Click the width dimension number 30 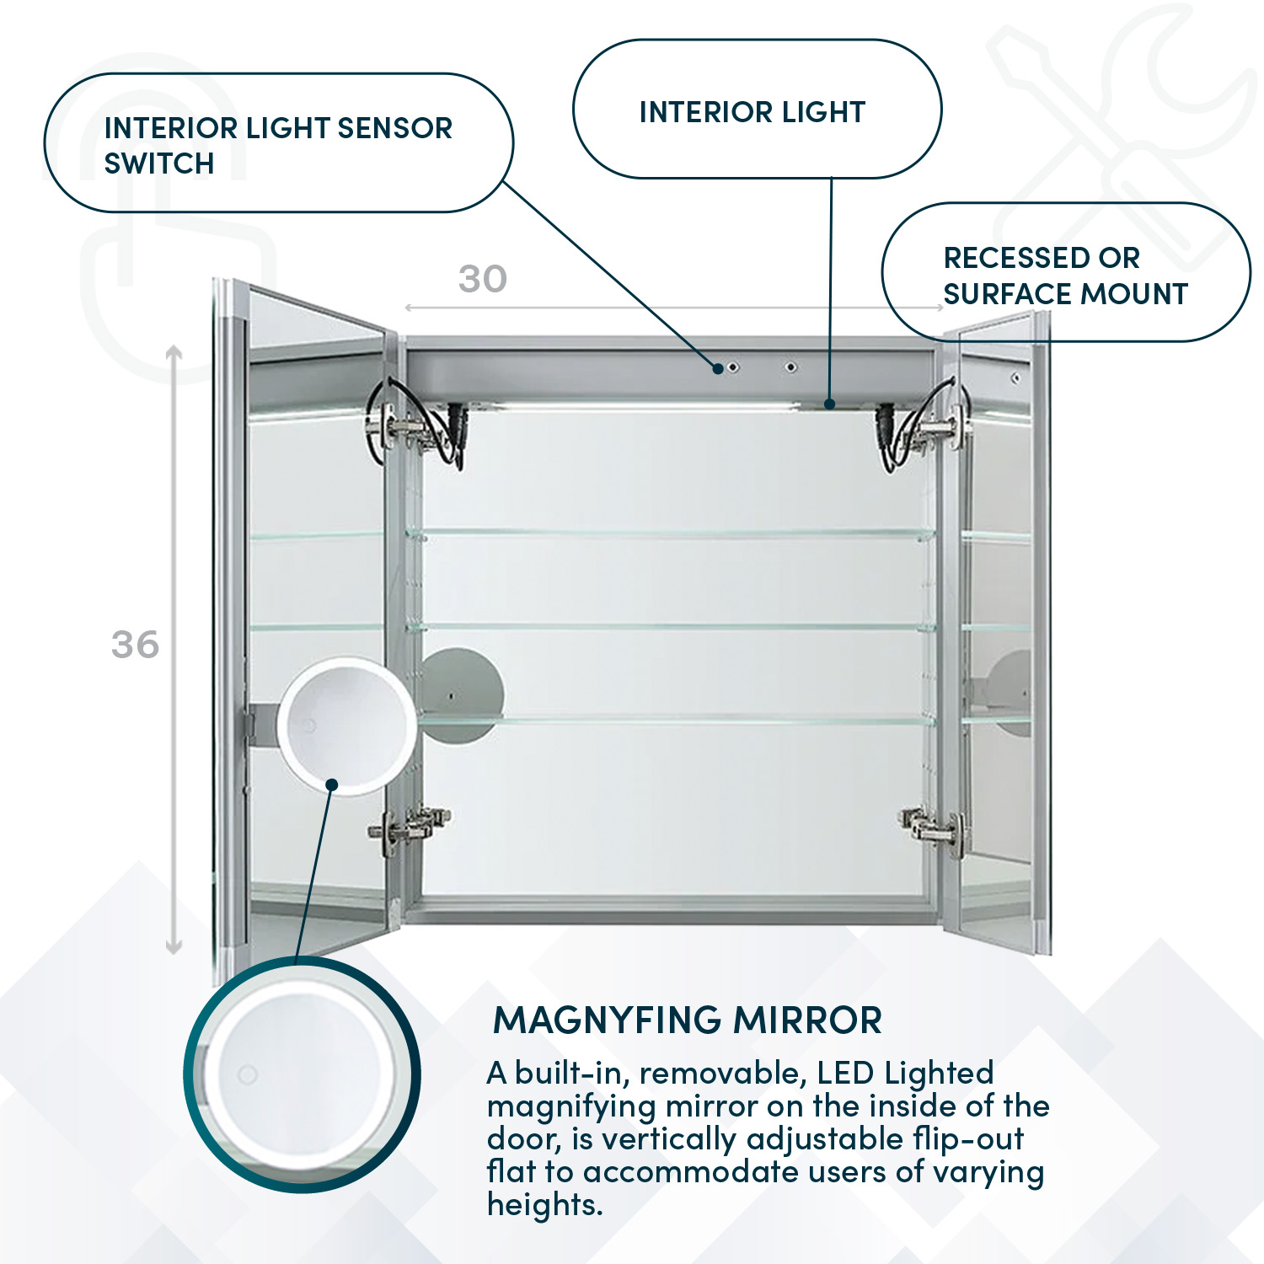pyautogui.click(x=482, y=279)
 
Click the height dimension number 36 pyautogui.click(x=135, y=645)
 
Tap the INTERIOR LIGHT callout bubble pyautogui.click(x=756, y=110)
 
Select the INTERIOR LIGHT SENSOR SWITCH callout pyautogui.click(x=278, y=143)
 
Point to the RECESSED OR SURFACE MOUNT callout pyautogui.click(x=1065, y=273)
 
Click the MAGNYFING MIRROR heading pyautogui.click(x=687, y=1020)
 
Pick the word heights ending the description pyautogui.click(x=544, y=1205)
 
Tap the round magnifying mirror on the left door pyautogui.click(x=345, y=725)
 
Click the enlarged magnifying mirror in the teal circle pyautogui.click(x=302, y=1074)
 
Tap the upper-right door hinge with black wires pyautogui.click(x=927, y=426)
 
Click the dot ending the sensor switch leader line pyautogui.click(x=718, y=367)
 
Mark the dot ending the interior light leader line pyautogui.click(x=829, y=404)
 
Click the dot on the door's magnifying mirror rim pyautogui.click(x=332, y=785)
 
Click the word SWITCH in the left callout pyautogui.click(x=159, y=163)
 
